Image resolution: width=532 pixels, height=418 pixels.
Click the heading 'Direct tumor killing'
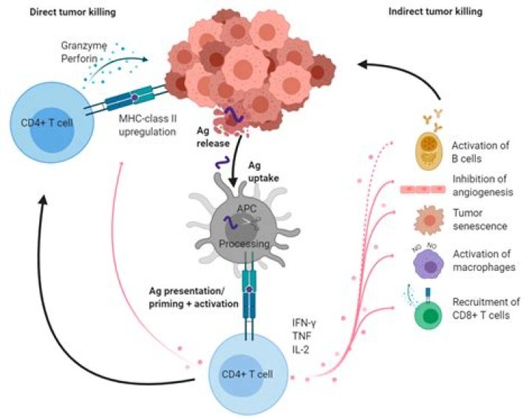[x=72, y=13]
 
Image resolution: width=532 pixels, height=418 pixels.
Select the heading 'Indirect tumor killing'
[x=435, y=12]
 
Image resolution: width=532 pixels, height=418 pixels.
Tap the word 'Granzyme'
[x=84, y=46]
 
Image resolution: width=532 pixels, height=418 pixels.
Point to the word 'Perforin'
[x=79, y=58]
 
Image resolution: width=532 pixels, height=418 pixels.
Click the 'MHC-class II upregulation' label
[x=148, y=125]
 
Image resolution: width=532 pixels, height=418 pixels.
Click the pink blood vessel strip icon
[x=423, y=189]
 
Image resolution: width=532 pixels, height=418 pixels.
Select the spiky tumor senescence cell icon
[x=429, y=220]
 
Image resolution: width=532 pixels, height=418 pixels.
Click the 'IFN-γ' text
[x=304, y=323]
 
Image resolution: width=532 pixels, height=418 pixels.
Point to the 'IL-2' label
[x=301, y=350]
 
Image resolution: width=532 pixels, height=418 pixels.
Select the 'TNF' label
[x=301, y=336]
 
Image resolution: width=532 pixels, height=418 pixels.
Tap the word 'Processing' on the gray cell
[x=245, y=243]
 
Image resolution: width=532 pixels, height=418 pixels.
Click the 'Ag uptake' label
[x=264, y=172]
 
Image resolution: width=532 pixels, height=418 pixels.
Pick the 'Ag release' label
[x=213, y=137]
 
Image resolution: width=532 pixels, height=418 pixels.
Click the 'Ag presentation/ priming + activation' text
[x=194, y=297]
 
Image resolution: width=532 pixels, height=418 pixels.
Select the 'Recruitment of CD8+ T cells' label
[x=486, y=309]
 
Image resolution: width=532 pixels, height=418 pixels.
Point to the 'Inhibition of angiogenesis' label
[x=482, y=186]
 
